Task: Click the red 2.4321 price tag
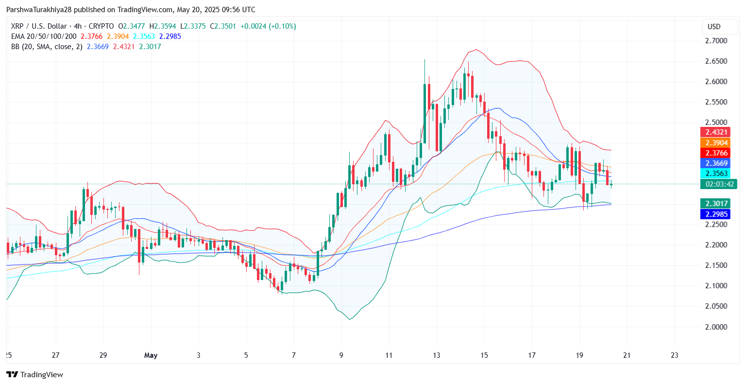[716, 132]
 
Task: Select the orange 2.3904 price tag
[716, 143]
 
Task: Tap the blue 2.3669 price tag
[716, 163]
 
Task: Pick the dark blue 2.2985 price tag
[716, 214]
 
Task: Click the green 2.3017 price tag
[716, 204]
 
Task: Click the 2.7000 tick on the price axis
[716, 41]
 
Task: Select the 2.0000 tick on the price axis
[716, 327]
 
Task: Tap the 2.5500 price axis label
[716, 102]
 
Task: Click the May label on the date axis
[151, 355]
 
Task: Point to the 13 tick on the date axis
[437, 355]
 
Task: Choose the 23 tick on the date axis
[674, 355]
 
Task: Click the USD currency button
[714, 27]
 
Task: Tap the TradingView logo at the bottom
[34, 374]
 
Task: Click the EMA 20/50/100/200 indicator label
[44, 36]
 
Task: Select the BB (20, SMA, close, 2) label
[47, 47]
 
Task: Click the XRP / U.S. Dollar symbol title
[39, 26]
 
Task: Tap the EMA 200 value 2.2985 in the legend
[170, 36]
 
